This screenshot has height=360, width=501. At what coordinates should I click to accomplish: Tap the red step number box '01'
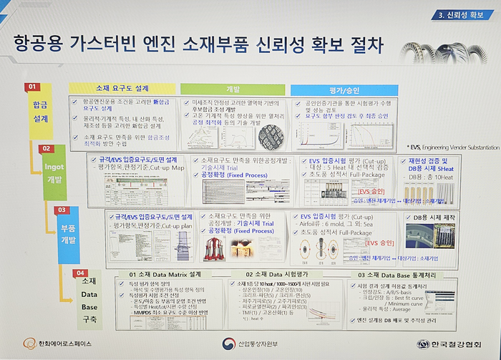click(x=31, y=87)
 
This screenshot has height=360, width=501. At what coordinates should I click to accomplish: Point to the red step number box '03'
click(x=62, y=210)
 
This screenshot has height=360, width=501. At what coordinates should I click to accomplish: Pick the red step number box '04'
click(x=81, y=273)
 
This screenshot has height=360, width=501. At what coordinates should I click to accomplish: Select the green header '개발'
click(x=233, y=89)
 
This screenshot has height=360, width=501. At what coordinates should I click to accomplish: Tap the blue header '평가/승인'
click(x=339, y=89)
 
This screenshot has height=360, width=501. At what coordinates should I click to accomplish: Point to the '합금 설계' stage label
click(x=39, y=112)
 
